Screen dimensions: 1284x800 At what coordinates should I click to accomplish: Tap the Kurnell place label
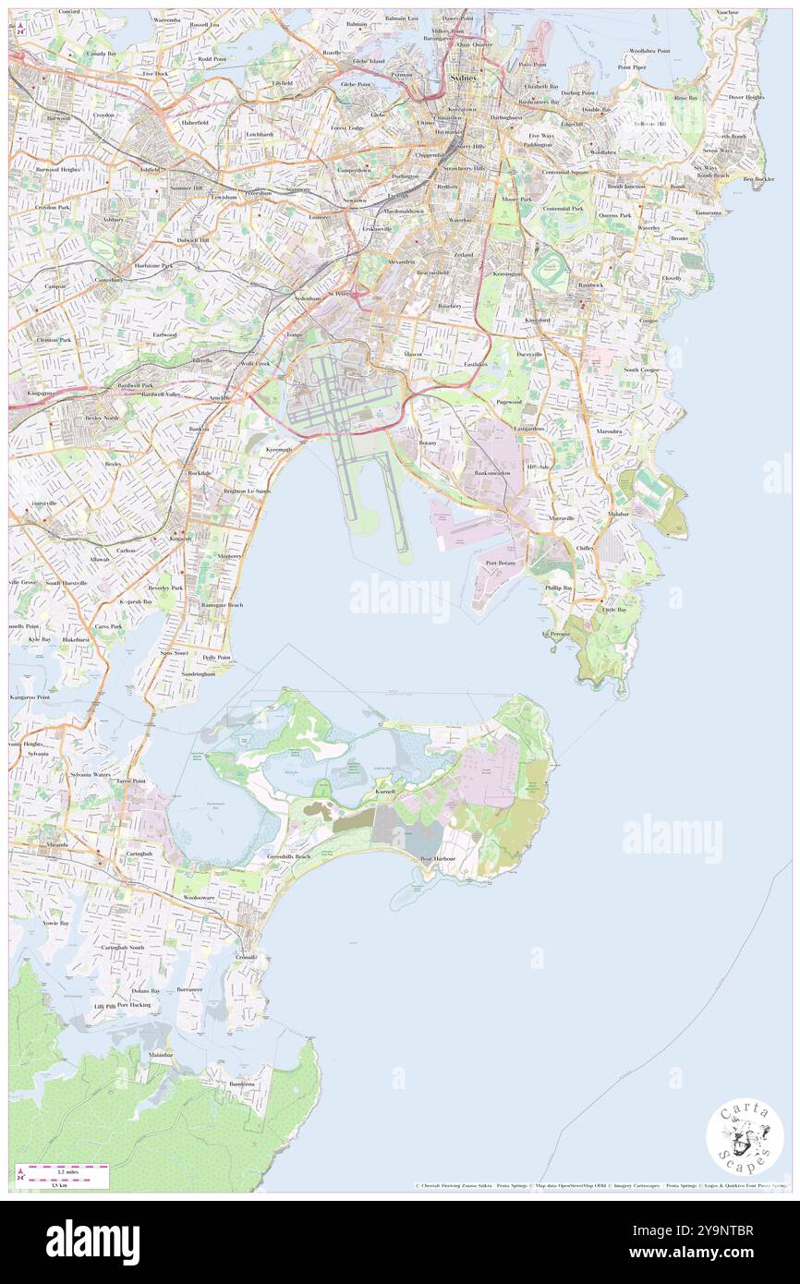(x=385, y=793)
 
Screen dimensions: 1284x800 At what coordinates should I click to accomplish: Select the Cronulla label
(x=246, y=958)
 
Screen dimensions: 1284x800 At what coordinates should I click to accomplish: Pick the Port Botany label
(x=500, y=563)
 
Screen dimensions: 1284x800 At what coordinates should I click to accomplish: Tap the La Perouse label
(x=555, y=634)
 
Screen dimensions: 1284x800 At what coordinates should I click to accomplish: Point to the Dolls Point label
(x=216, y=658)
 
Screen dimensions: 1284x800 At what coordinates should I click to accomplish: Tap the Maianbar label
(x=161, y=1054)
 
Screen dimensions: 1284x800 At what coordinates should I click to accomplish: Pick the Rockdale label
(x=200, y=473)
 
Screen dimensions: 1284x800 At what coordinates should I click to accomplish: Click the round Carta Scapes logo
(x=745, y=1136)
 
